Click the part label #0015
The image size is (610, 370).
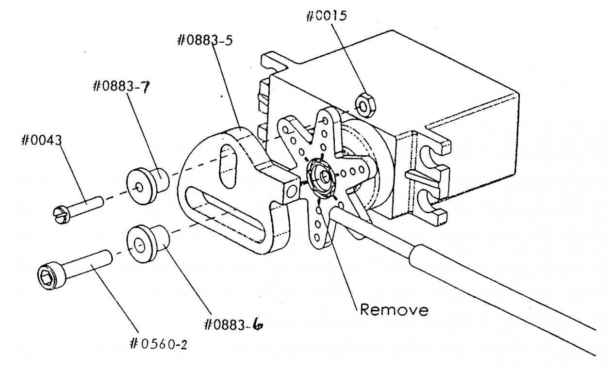click(327, 16)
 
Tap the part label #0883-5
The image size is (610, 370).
click(205, 40)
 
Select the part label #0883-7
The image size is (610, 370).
click(121, 87)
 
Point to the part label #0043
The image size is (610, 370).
click(42, 140)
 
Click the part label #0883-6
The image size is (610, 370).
click(233, 324)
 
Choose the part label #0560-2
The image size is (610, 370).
click(159, 344)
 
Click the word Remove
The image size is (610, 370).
click(394, 310)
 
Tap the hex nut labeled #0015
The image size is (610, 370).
click(366, 105)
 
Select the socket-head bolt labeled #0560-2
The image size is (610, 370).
click(75, 269)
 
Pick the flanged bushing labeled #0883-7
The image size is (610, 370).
click(148, 186)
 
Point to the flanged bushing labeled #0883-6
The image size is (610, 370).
click(148, 243)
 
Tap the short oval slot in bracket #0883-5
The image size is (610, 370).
click(228, 166)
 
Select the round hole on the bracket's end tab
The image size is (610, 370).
click(292, 191)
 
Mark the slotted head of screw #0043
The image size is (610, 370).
click(61, 215)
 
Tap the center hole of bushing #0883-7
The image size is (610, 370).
click(139, 187)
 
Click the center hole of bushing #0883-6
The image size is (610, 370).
click(139, 245)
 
